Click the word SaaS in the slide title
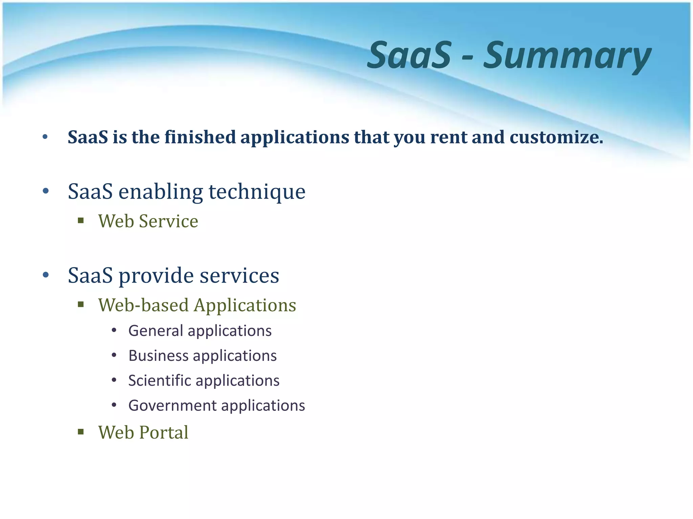[x=409, y=55]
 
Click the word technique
[x=257, y=192]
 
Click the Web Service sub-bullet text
[x=148, y=221]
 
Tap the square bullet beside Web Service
[x=81, y=221]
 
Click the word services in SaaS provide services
[x=239, y=275]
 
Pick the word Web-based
[x=143, y=305]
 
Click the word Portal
[x=164, y=432]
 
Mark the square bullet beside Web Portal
[x=81, y=432]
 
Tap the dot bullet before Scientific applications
[x=114, y=380]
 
